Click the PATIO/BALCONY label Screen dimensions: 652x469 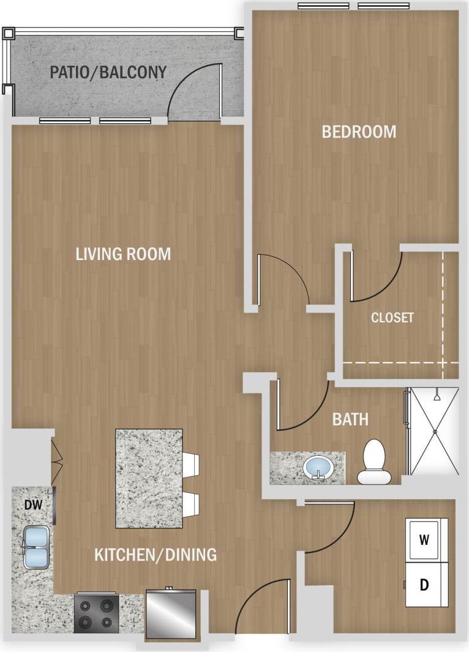[108, 73]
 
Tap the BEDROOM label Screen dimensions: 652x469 [359, 132]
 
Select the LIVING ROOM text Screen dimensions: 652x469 [123, 254]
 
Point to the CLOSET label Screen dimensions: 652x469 [392, 318]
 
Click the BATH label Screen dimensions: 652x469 [350, 420]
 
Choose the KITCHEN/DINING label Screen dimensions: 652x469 [156, 555]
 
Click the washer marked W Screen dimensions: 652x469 [423, 539]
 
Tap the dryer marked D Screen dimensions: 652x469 [423, 585]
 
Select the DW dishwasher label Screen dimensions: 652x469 [32, 505]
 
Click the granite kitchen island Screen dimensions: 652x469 [149, 478]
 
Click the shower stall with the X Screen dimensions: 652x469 [434, 432]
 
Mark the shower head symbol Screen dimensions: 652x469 [436, 397]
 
